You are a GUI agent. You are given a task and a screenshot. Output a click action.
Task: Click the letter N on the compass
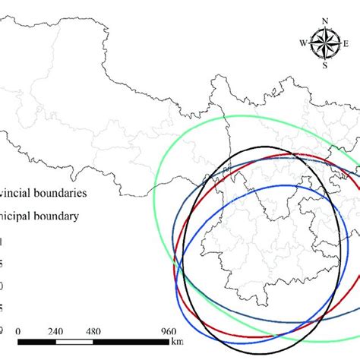(325, 22)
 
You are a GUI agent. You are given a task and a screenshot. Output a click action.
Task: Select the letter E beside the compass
(346, 43)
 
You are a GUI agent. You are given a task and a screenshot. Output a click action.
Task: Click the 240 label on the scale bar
(55, 332)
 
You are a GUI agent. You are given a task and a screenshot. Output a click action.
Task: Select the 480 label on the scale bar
(93, 332)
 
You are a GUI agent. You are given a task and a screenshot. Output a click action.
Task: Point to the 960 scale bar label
(168, 332)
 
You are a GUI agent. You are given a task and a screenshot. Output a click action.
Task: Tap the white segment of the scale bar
(74, 344)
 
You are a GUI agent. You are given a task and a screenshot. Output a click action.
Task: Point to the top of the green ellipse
(258, 116)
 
